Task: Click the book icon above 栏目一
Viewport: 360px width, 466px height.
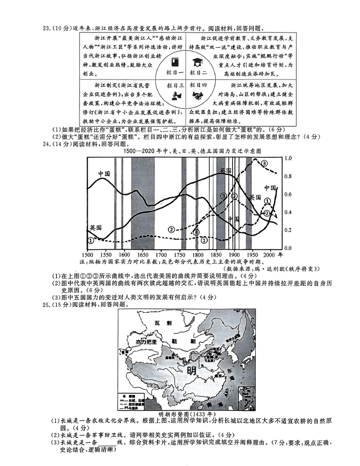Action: pos(175,62)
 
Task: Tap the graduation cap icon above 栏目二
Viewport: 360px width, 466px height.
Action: pos(198,62)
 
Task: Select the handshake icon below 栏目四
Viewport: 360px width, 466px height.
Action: pos(198,96)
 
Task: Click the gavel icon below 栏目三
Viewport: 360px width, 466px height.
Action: pos(175,96)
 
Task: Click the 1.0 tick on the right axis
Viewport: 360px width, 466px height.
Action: pos(288,159)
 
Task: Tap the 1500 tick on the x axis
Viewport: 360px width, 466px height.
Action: pos(87,255)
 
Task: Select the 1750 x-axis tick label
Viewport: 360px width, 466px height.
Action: pos(179,255)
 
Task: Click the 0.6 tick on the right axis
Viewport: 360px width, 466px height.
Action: pos(288,194)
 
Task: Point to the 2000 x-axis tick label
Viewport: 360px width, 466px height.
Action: pos(270,255)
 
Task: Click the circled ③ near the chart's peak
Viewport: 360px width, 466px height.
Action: pos(265,163)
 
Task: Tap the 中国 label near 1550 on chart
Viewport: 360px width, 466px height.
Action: pos(104,174)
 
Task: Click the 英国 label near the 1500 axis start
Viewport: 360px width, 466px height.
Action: pos(95,227)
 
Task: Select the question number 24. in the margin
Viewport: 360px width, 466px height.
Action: pos(48,144)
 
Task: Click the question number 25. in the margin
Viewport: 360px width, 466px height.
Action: pos(48,305)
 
